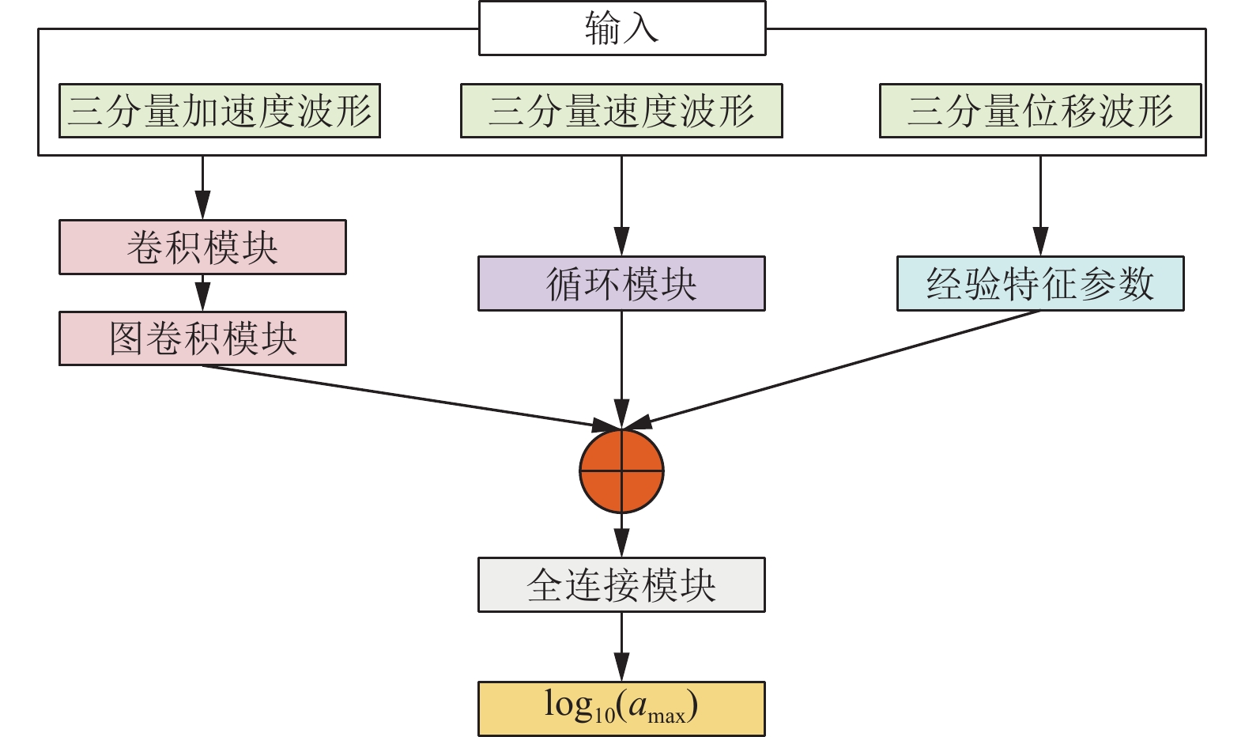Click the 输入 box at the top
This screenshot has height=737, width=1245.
point(622,28)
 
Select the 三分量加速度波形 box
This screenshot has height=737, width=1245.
point(220,111)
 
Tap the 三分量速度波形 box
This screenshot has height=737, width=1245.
point(621,111)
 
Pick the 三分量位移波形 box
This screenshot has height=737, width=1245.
point(1040,111)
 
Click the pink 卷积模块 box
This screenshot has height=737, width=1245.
point(202,248)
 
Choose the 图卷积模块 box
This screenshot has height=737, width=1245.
point(202,338)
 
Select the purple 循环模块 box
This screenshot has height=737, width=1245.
point(621,283)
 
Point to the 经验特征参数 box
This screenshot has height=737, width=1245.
point(1040,283)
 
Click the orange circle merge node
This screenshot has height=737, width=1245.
point(621,471)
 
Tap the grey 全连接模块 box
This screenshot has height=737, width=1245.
point(621,585)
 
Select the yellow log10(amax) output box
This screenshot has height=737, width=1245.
point(621,709)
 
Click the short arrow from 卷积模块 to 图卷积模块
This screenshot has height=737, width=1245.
point(203,293)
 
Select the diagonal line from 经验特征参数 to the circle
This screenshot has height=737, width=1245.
point(838,368)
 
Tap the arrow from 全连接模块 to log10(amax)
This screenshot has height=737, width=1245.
point(622,647)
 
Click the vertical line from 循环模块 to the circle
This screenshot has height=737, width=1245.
point(622,364)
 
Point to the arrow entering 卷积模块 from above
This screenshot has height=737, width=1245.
point(203,188)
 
